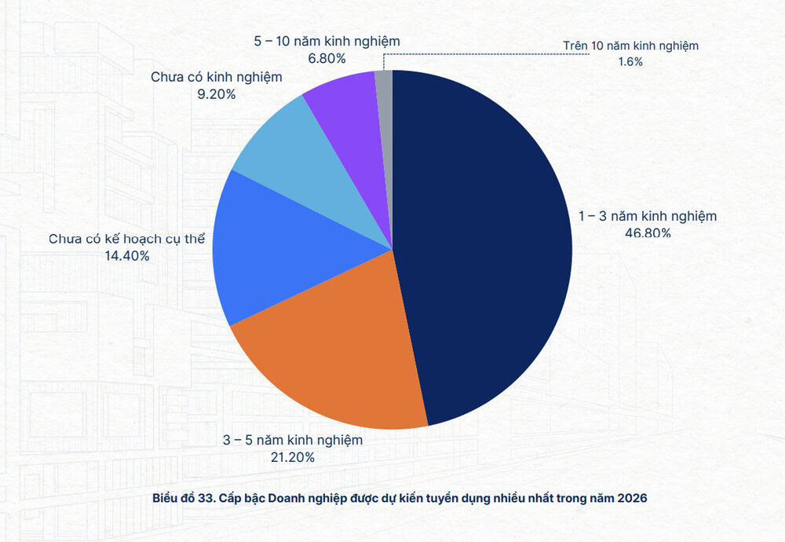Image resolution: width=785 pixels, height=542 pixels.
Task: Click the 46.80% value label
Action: pos(647,233)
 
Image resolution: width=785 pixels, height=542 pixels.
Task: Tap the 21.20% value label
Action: pos(292,457)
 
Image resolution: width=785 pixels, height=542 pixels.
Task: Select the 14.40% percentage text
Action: pos(127,255)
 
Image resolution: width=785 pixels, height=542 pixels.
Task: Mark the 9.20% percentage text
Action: pos(216,94)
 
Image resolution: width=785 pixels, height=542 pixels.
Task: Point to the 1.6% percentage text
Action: pos(630,61)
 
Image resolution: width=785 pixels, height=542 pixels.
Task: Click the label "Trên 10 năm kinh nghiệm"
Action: pos(630,46)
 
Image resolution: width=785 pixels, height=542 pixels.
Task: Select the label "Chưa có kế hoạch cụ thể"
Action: pos(126,239)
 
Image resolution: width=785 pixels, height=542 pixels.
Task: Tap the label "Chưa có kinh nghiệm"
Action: pos(216,78)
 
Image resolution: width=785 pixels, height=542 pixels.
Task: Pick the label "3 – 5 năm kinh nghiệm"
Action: pos(292,440)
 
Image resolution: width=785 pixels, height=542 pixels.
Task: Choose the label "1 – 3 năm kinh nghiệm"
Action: pos(648,216)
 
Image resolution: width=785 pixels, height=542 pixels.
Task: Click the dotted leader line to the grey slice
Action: pos(471,53)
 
